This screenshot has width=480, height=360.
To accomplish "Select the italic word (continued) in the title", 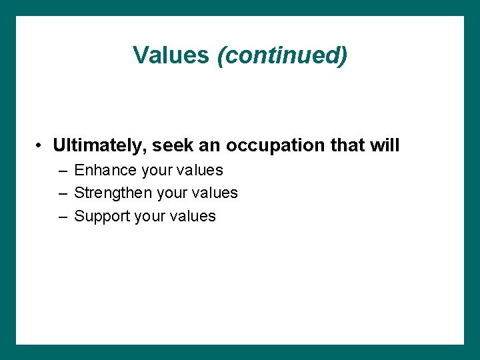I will tap(282, 55).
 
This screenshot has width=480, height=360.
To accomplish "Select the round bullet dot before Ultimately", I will tap(41, 146).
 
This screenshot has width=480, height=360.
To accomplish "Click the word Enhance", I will tap(106, 171).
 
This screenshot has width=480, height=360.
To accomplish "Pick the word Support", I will tap(103, 216).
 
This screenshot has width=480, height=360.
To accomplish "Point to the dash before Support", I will tap(62, 217).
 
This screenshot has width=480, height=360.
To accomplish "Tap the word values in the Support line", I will tap(193, 216).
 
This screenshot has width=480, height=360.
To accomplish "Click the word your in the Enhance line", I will tap(157, 171).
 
